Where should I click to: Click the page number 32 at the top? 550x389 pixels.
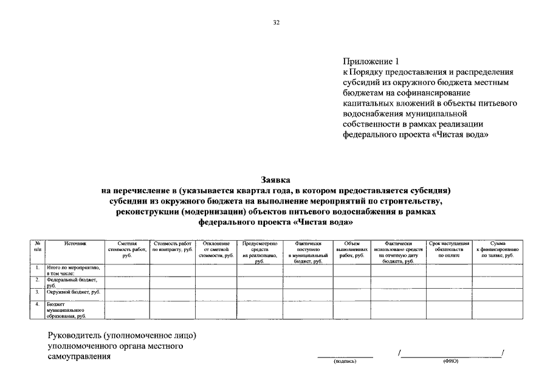point(275,22)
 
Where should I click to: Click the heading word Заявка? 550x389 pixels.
point(275,180)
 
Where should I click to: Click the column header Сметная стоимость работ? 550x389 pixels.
point(128,249)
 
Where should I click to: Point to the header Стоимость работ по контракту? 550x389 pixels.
point(172,246)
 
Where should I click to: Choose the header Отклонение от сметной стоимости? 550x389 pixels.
point(216,249)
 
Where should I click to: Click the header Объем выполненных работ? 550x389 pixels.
point(351,249)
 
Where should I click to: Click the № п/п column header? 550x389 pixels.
point(38,246)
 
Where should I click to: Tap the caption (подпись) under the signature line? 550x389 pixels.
point(345,361)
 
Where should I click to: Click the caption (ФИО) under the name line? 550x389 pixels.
point(451,361)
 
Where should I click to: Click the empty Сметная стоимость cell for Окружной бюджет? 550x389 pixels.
point(128,294)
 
